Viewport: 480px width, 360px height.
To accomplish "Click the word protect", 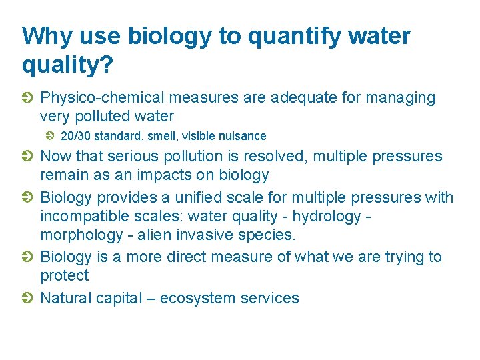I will coord(65,275).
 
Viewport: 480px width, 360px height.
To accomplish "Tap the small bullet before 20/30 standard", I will coord(50,136).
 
